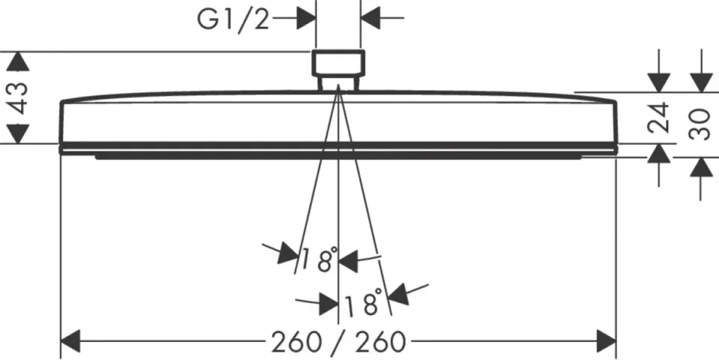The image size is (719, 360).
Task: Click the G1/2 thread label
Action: click(x=233, y=20)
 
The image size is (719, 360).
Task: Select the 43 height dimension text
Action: click(x=19, y=98)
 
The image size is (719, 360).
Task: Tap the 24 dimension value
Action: click(x=658, y=118)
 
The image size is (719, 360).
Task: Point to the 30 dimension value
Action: click(x=700, y=123)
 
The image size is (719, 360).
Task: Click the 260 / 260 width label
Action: click(x=339, y=342)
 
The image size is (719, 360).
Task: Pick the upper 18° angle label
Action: click(x=319, y=259)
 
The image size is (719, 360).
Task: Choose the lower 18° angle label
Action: click(x=362, y=302)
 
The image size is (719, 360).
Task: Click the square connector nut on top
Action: click(x=339, y=63)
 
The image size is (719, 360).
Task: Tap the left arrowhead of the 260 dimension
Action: click(x=70, y=341)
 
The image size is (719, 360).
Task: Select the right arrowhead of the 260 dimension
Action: click(x=606, y=341)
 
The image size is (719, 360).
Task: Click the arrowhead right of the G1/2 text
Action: click(x=306, y=18)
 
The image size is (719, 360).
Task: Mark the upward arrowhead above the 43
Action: click(x=18, y=61)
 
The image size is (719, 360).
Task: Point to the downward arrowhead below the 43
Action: click(x=18, y=134)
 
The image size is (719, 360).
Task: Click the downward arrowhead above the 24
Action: click(x=658, y=82)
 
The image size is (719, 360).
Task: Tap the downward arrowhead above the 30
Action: click(x=701, y=82)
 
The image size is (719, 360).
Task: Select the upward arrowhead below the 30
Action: click(x=701, y=167)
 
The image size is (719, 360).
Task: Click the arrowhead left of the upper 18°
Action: click(x=288, y=254)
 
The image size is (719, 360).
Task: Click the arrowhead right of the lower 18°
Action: click(x=398, y=294)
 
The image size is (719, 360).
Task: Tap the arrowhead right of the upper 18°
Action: click(x=348, y=261)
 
